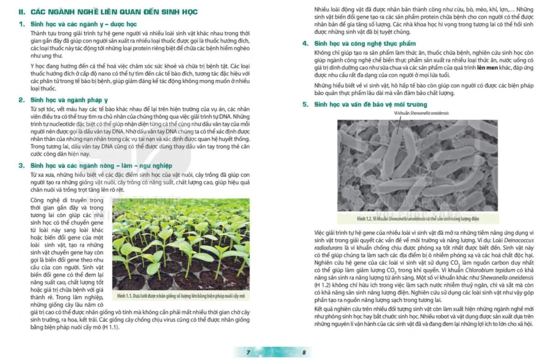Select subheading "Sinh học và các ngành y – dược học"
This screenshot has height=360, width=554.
[x=83, y=24]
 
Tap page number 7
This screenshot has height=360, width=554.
[x=248, y=352]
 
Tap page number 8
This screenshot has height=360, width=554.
[x=304, y=352]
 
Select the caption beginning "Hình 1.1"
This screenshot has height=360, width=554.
[x=181, y=296]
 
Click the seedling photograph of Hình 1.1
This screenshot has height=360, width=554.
[x=181, y=244]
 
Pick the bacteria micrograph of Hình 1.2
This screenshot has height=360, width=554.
[x=418, y=165]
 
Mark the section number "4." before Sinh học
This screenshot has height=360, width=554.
[x=305, y=43]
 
